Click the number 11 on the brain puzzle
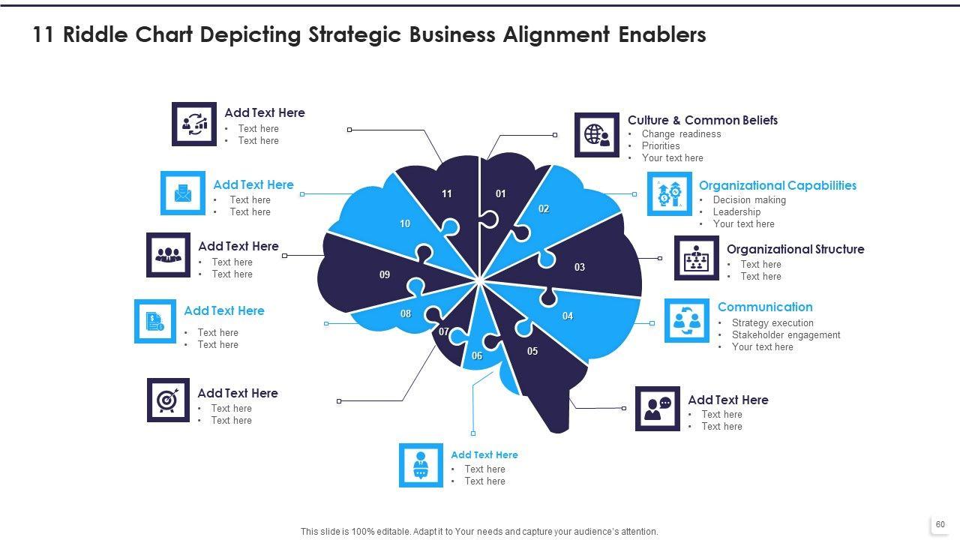click(447, 194)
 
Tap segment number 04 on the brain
click(568, 316)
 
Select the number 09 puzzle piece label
click(385, 274)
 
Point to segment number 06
click(477, 356)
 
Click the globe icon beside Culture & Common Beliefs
click(597, 135)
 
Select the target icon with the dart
click(168, 400)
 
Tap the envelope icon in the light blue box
click(182, 193)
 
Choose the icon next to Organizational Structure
click(697, 258)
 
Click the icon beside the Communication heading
click(686, 321)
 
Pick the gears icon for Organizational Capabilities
click(670, 193)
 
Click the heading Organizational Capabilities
click(777, 185)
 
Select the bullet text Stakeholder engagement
click(786, 335)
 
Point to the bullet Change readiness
click(681, 134)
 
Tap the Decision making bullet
click(749, 200)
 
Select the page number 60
click(940, 524)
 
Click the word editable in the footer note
click(390, 532)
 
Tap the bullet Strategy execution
click(772, 323)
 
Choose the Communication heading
click(765, 307)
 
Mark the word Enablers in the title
click(662, 35)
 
